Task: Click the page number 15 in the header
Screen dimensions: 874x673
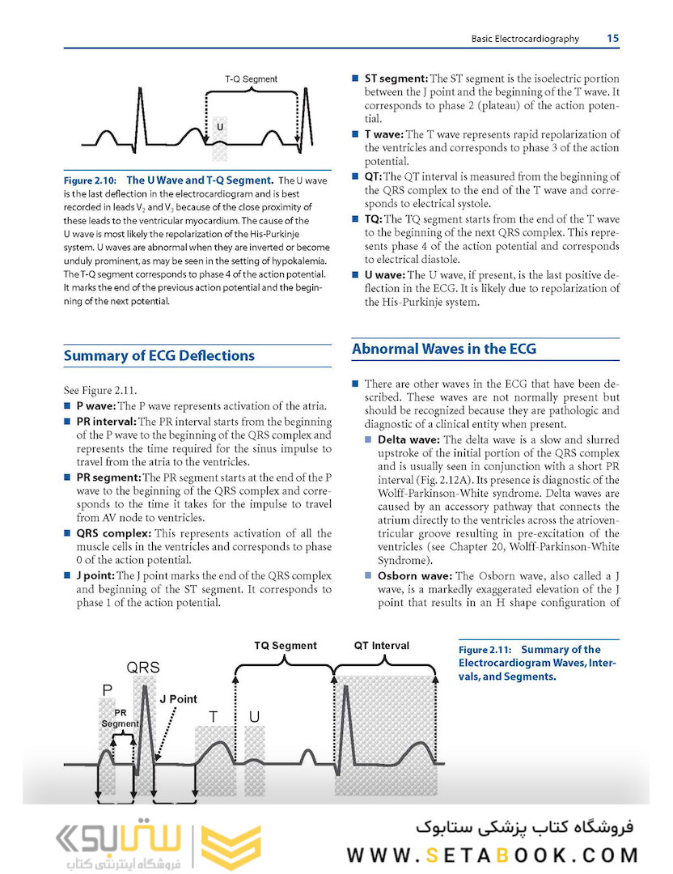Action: pos(612,38)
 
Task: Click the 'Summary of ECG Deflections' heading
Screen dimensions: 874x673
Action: pos(159,356)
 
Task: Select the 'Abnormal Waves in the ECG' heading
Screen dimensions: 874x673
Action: pos(443,350)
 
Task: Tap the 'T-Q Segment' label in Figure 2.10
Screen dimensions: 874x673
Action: pos(251,79)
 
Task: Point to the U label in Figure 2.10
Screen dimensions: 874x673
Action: pos(219,128)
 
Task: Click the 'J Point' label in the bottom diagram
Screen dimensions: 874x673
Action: pos(178,698)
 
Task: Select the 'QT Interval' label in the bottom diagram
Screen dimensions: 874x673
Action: pos(382,646)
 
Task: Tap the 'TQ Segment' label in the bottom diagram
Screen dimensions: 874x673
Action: pos(286,646)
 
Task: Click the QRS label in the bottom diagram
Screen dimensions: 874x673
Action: pos(142,668)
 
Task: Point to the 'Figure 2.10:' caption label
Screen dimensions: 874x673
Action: pos(91,180)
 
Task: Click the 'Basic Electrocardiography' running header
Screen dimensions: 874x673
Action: pos(525,38)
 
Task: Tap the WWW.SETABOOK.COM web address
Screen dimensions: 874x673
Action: pos(492,855)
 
